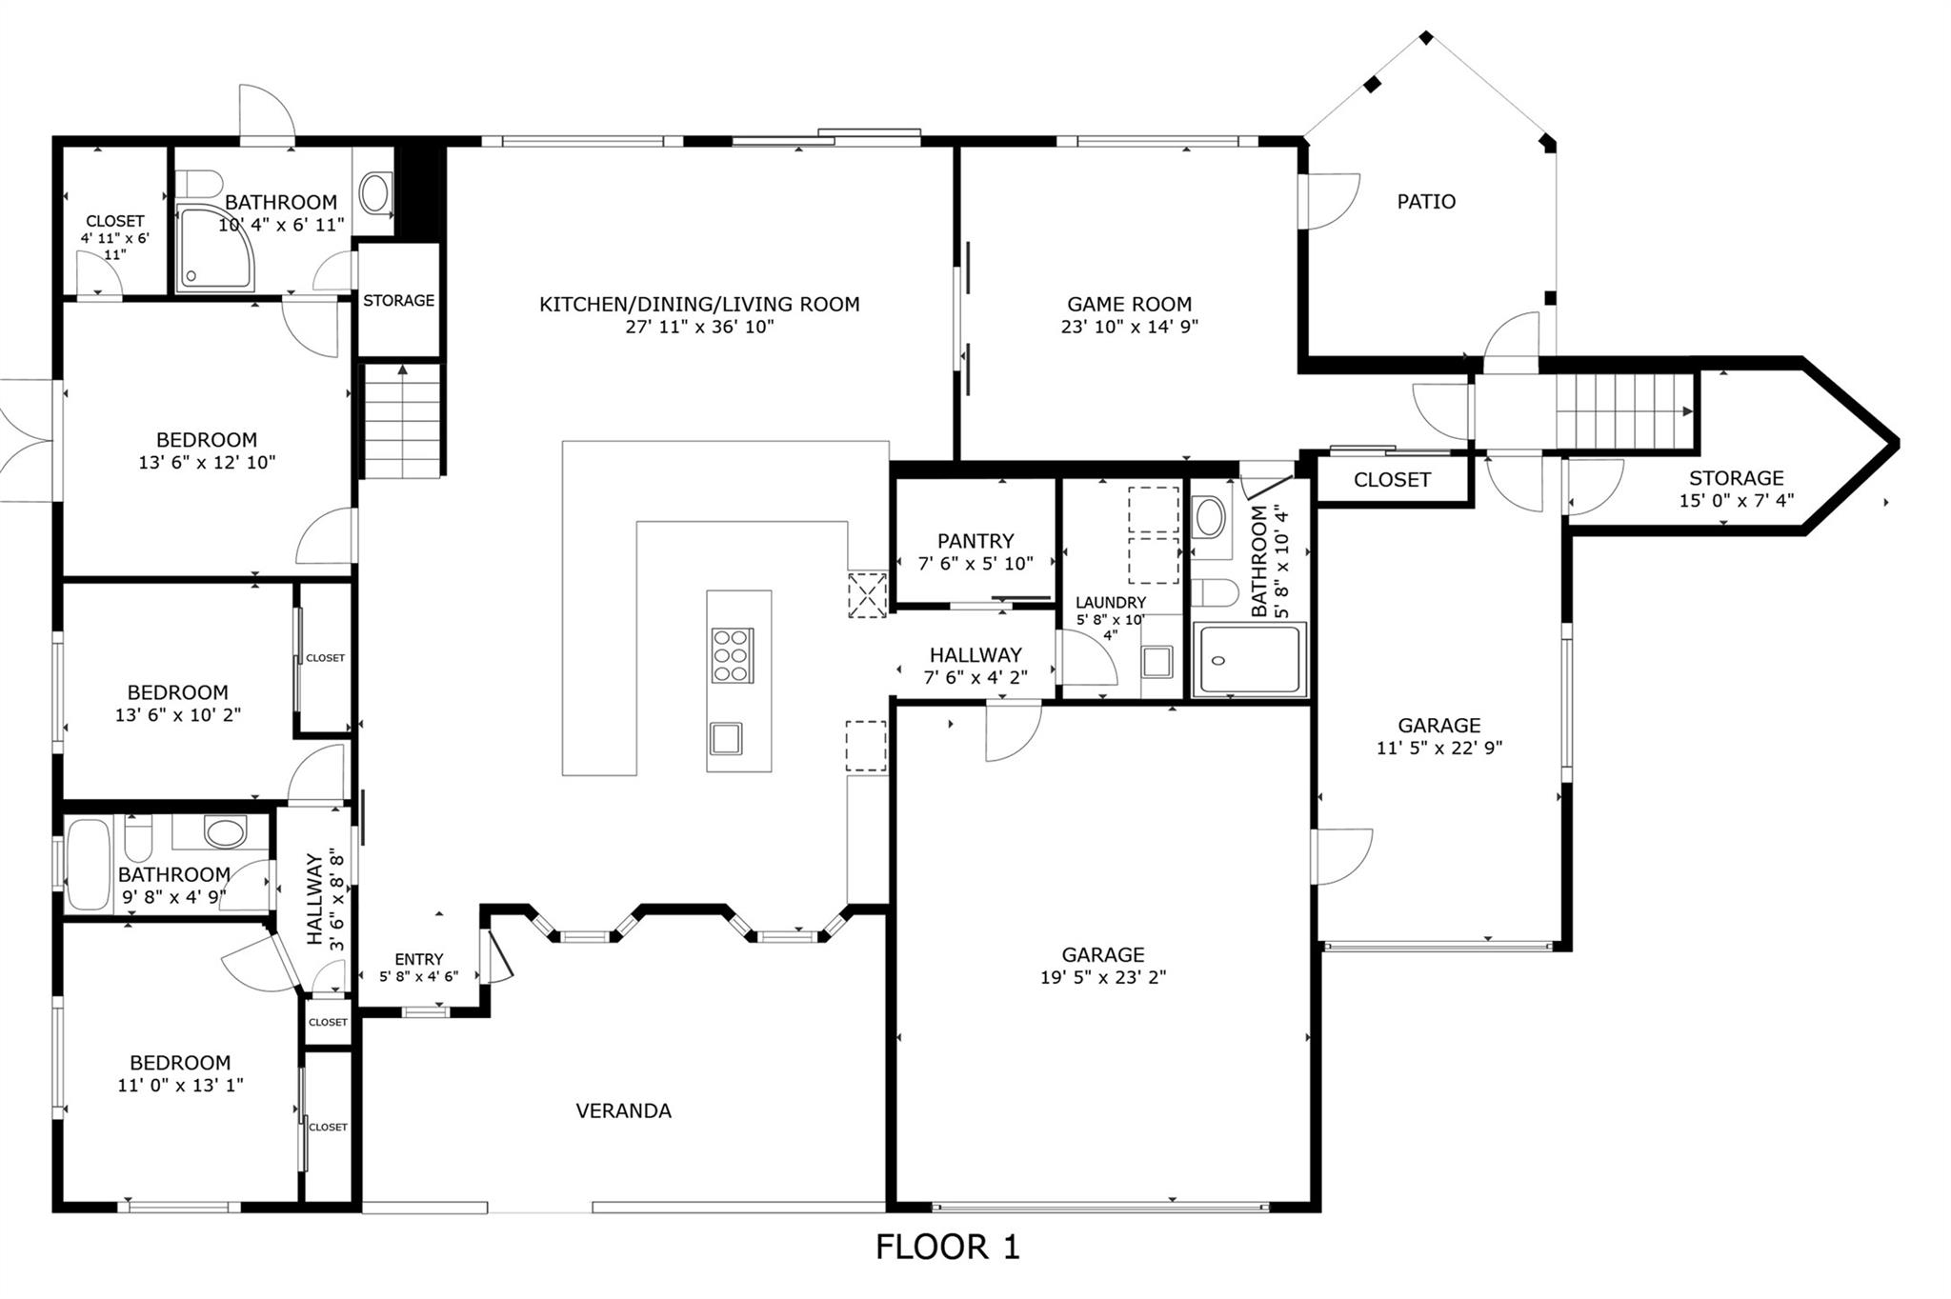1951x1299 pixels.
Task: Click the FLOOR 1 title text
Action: pyautogui.click(x=947, y=1247)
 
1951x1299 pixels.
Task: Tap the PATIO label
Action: pyautogui.click(x=1425, y=202)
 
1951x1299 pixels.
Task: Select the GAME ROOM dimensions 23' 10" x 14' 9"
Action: pyautogui.click(x=1129, y=327)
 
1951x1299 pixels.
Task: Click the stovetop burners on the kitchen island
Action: pyautogui.click(x=732, y=655)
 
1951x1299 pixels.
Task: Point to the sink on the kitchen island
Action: pyautogui.click(x=726, y=738)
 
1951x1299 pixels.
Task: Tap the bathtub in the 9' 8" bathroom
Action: pyautogui.click(x=88, y=865)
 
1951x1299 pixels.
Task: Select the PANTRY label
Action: pyautogui.click(x=975, y=541)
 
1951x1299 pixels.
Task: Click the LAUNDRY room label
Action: pyautogui.click(x=1111, y=603)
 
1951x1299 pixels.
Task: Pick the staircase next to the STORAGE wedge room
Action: pyautogui.click(x=1624, y=411)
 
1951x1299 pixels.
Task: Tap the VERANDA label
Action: pyautogui.click(x=623, y=1110)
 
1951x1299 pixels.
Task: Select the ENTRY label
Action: pyautogui.click(x=418, y=959)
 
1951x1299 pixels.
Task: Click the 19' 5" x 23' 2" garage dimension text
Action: pyautogui.click(x=1103, y=977)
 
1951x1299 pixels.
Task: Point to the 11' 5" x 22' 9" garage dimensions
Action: pyautogui.click(x=1438, y=749)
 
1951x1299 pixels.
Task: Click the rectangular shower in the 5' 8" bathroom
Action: pyautogui.click(x=1250, y=659)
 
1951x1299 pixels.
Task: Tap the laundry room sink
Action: pyautogui.click(x=1157, y=661)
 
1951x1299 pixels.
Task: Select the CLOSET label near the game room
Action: pyautogui.click(x=1391, y=480)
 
